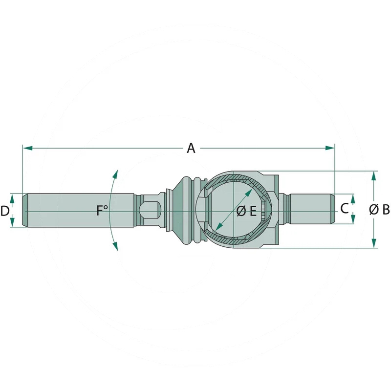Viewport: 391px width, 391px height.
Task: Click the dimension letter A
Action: [x=191, y=148]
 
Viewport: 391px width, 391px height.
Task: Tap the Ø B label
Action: [x=379, y=210]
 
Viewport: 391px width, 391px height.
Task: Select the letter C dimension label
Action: [x=345, y=209]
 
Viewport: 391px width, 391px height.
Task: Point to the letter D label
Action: [x=5, y=211]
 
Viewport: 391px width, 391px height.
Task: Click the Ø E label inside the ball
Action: [x=246, y=212]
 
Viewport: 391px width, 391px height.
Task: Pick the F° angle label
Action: [x=102, y=211]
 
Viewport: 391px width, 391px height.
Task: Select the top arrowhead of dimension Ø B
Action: [x=373, y=176]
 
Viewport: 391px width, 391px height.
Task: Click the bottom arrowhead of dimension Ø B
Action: [x=373, y=243]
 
